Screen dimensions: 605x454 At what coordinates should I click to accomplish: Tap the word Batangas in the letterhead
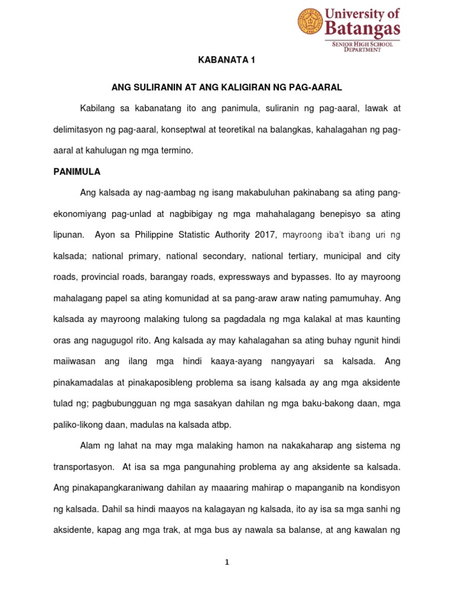[x=363, y=28]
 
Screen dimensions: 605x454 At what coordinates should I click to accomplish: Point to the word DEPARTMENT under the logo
[x=362, y=50]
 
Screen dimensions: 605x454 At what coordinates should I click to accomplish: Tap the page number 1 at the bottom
[x=227, y=562]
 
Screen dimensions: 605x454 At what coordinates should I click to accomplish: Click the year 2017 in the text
[x=265, y=235]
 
